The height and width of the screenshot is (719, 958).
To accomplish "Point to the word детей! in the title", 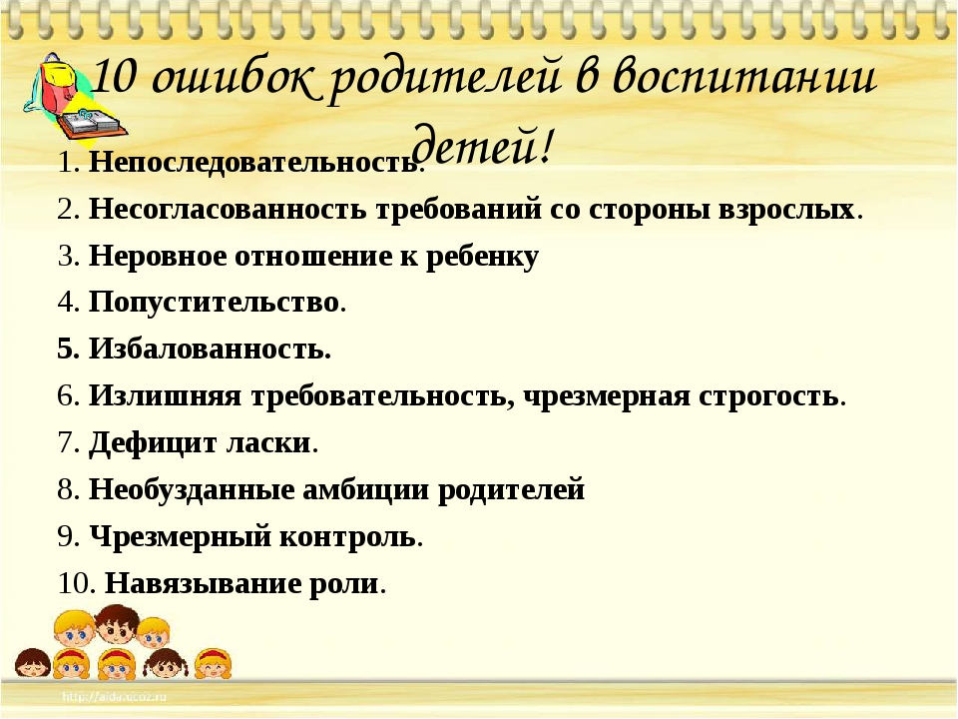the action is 484,144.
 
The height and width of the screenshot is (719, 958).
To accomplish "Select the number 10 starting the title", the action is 114,78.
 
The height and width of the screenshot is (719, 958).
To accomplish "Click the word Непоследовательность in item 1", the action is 252,162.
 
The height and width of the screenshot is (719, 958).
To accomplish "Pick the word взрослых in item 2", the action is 785,210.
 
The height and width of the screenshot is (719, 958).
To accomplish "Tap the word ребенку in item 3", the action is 482,257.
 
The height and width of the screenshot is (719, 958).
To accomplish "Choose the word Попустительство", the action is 214,302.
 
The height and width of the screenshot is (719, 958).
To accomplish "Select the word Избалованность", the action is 210,349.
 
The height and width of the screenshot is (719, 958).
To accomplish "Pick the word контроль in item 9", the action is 347,537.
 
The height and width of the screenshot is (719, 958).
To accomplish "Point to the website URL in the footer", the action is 114,696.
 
